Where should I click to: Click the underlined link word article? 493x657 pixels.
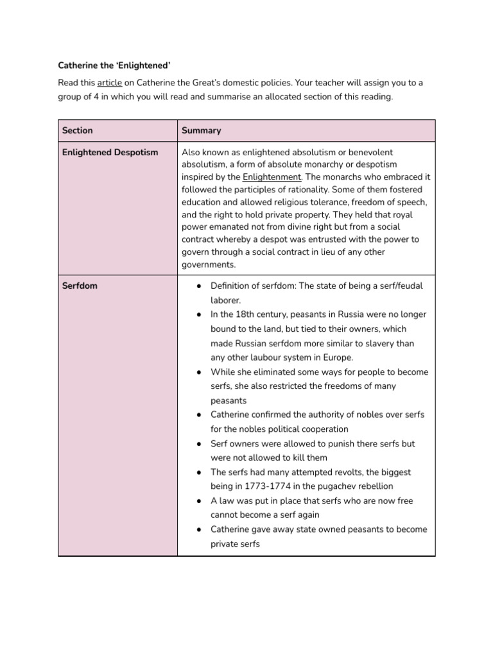[x=109, y=83]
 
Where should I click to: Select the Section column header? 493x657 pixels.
[x=77, y=130]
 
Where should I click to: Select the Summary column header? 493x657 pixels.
[x=201, y=130]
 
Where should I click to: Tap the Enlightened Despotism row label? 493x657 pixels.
[x=110, y=152]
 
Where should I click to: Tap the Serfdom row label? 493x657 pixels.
[x=80, y=286]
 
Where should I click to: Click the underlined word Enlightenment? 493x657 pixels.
[x=272, y=176]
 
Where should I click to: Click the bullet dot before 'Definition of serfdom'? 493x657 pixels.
[x=200, y=286]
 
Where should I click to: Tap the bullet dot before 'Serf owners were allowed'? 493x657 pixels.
[x=200, y=443]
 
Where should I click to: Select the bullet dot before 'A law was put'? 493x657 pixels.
[x=200, y=500]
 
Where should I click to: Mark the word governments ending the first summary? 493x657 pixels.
[x=209, y=264]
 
